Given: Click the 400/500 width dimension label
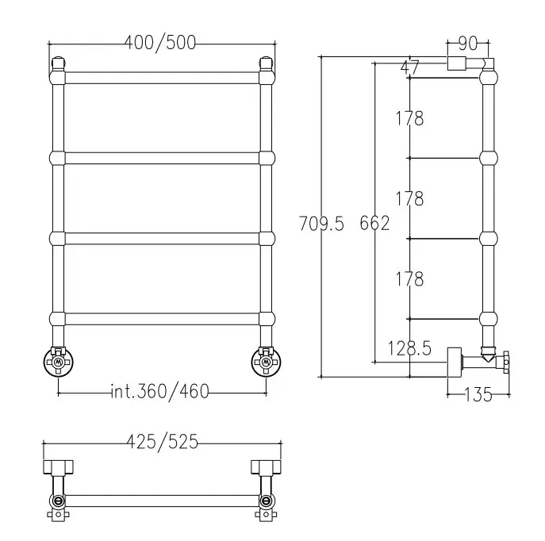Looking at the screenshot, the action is tap(160, 43).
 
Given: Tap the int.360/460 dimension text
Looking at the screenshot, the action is tap(159, 392).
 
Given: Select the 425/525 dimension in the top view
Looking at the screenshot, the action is tap(162, 443).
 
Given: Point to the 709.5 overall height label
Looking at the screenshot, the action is tap(321, 224).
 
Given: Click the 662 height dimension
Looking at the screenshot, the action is tap(374, 223).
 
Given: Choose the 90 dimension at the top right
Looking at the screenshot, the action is tap(467, 44).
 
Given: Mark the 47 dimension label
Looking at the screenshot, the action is tap(410, 67).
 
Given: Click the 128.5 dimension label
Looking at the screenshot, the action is tap(409, 348).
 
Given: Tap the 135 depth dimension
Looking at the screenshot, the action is tap(478, 395).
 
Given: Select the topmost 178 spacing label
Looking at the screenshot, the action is tap(410, 118).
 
